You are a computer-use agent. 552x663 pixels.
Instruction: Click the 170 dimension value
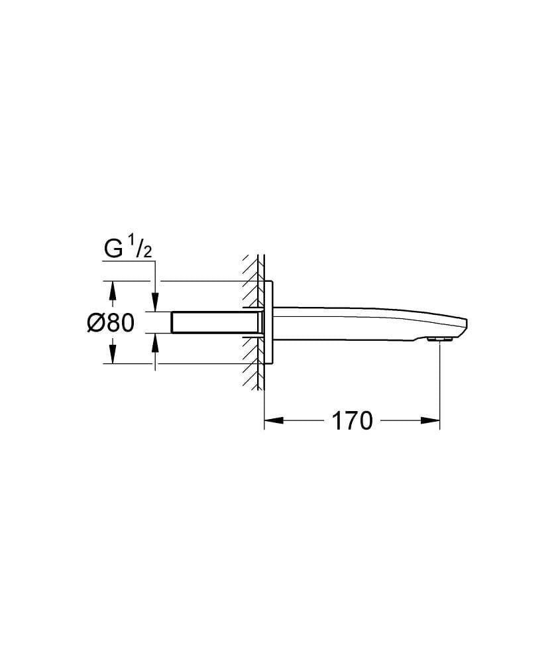[x=351, y=420]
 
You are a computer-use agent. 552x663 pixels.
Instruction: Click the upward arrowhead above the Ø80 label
[x=112, y=290]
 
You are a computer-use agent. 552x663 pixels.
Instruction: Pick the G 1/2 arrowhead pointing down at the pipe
[x=155, y=304]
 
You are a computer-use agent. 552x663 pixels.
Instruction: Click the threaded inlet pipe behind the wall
[x=212, y=322]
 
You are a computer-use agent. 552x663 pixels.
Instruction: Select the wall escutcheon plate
[x=269, y=322]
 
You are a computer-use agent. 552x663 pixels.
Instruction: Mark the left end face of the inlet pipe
[x=173, y=322]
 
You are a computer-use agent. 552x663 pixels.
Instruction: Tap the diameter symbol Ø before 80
[x=95, y=323]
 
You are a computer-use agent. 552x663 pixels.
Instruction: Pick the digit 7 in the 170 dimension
[x=351, y=420]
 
